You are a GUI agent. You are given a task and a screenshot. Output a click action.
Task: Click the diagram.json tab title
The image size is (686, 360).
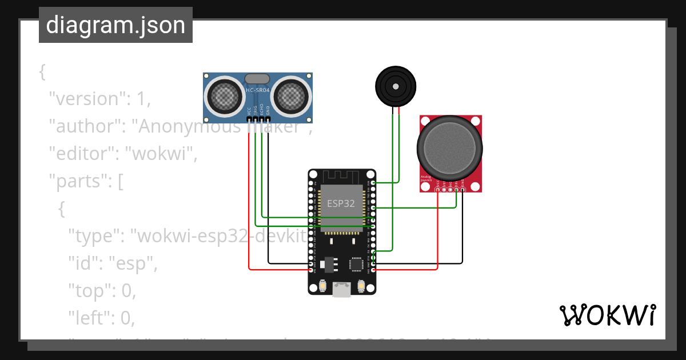click(x=115, y=25)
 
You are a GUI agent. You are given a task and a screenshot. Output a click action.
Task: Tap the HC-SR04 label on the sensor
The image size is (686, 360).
click(x=257, y=90)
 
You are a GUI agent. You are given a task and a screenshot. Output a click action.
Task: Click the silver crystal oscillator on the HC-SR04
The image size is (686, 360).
click(x=257, y=79)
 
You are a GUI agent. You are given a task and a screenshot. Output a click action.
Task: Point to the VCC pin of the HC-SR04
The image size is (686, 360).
click(x=249, y=119)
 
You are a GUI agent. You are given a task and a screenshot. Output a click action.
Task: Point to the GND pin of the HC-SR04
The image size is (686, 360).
click(x=268, y=119)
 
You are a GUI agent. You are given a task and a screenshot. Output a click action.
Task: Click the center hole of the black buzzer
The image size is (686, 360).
click(x=394, y=86)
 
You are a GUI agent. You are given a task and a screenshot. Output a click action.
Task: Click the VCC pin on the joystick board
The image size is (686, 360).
click(x=438, y=189)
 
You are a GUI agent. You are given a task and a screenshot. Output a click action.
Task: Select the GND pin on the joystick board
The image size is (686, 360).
click(x=462, y=189)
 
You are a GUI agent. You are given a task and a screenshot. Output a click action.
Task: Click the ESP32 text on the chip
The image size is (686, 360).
click(x=341, y=203)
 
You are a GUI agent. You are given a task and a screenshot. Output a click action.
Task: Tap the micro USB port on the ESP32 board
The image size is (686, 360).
click(x=342, y=290)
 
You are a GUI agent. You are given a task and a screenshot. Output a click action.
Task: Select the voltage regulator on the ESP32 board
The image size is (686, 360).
click(x=329, y=264)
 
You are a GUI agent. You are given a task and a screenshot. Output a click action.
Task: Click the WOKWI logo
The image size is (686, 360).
click(x=607, y=315)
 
